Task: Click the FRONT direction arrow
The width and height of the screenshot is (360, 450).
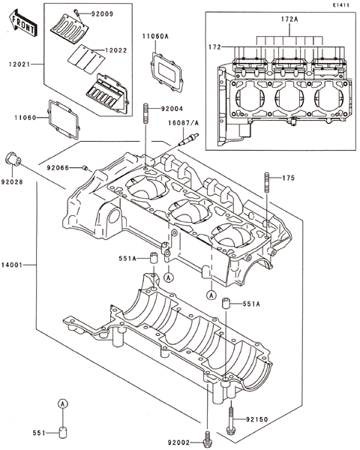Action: pos(22,22)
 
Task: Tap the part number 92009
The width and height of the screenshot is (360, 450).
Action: pos(102,13)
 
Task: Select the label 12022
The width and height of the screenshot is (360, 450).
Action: pos(115,50)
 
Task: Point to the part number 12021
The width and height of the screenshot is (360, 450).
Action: pos(19,64)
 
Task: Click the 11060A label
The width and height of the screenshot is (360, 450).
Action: pos(155,36)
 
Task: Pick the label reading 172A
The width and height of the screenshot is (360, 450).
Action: pos(289,19)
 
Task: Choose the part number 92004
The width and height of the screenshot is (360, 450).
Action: pos(172,109)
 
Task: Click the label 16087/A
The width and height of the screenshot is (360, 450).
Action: pos(184,123)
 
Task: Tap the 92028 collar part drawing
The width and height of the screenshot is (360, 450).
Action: pos(13,159)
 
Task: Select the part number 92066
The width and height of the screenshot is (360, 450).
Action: pos(58,167)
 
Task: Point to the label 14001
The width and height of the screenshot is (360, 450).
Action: pos(11,265)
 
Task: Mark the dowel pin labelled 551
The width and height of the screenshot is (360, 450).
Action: pos(63,432)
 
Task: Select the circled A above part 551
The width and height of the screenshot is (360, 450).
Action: pos(63,403)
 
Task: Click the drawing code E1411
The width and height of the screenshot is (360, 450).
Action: pos(341,5)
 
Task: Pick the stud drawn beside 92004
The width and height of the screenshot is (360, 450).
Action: pos(145,114)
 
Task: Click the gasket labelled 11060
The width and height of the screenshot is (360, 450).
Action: pos(64,119)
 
